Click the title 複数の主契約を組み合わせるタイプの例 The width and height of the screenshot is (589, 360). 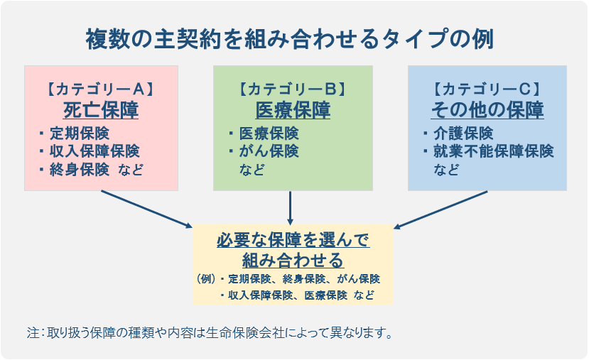click(289, 38)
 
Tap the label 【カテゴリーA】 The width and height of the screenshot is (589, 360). click(101, 89)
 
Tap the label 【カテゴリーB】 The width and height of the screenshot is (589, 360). click(293, 89)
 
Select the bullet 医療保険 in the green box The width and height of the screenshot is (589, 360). click(269, 133)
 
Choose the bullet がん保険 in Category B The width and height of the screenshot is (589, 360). click(269, 151)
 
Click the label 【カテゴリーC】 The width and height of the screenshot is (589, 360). click(487, 89)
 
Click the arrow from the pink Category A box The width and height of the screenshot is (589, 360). click(150, 209)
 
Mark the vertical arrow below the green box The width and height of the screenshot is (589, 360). click(291, 207)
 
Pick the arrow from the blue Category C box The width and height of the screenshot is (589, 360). click(441, 209)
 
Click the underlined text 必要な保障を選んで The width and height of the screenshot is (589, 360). click(293, 239)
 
